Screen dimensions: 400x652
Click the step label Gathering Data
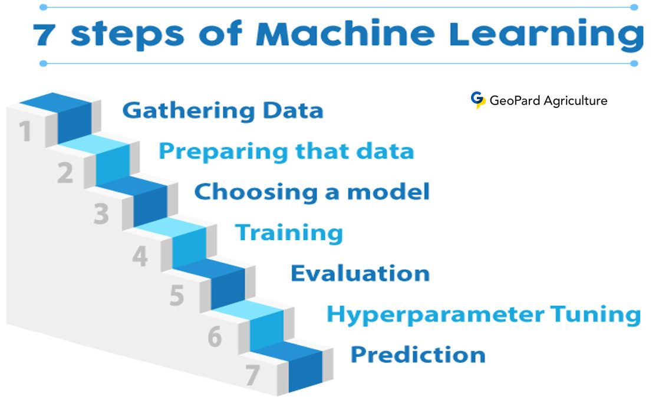(223, 111)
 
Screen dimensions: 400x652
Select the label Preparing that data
(286, 152)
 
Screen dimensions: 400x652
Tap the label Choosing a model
(312, 192)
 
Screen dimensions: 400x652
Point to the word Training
(289, 232)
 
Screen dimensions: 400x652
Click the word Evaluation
(360, 273)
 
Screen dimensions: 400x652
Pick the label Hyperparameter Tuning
(483, 314)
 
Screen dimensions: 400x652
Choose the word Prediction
(418, 355)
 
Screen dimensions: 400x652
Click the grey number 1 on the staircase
(25, 131)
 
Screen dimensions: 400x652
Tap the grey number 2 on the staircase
(65, 173)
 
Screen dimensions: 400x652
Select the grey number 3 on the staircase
(101, 214)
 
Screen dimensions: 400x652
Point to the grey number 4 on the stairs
(139, 256)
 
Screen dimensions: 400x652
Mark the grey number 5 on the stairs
(177, 296)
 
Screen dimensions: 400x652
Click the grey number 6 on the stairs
(215, 337)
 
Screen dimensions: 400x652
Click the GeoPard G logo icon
(478, 100)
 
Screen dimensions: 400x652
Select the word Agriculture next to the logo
(575, 101)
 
